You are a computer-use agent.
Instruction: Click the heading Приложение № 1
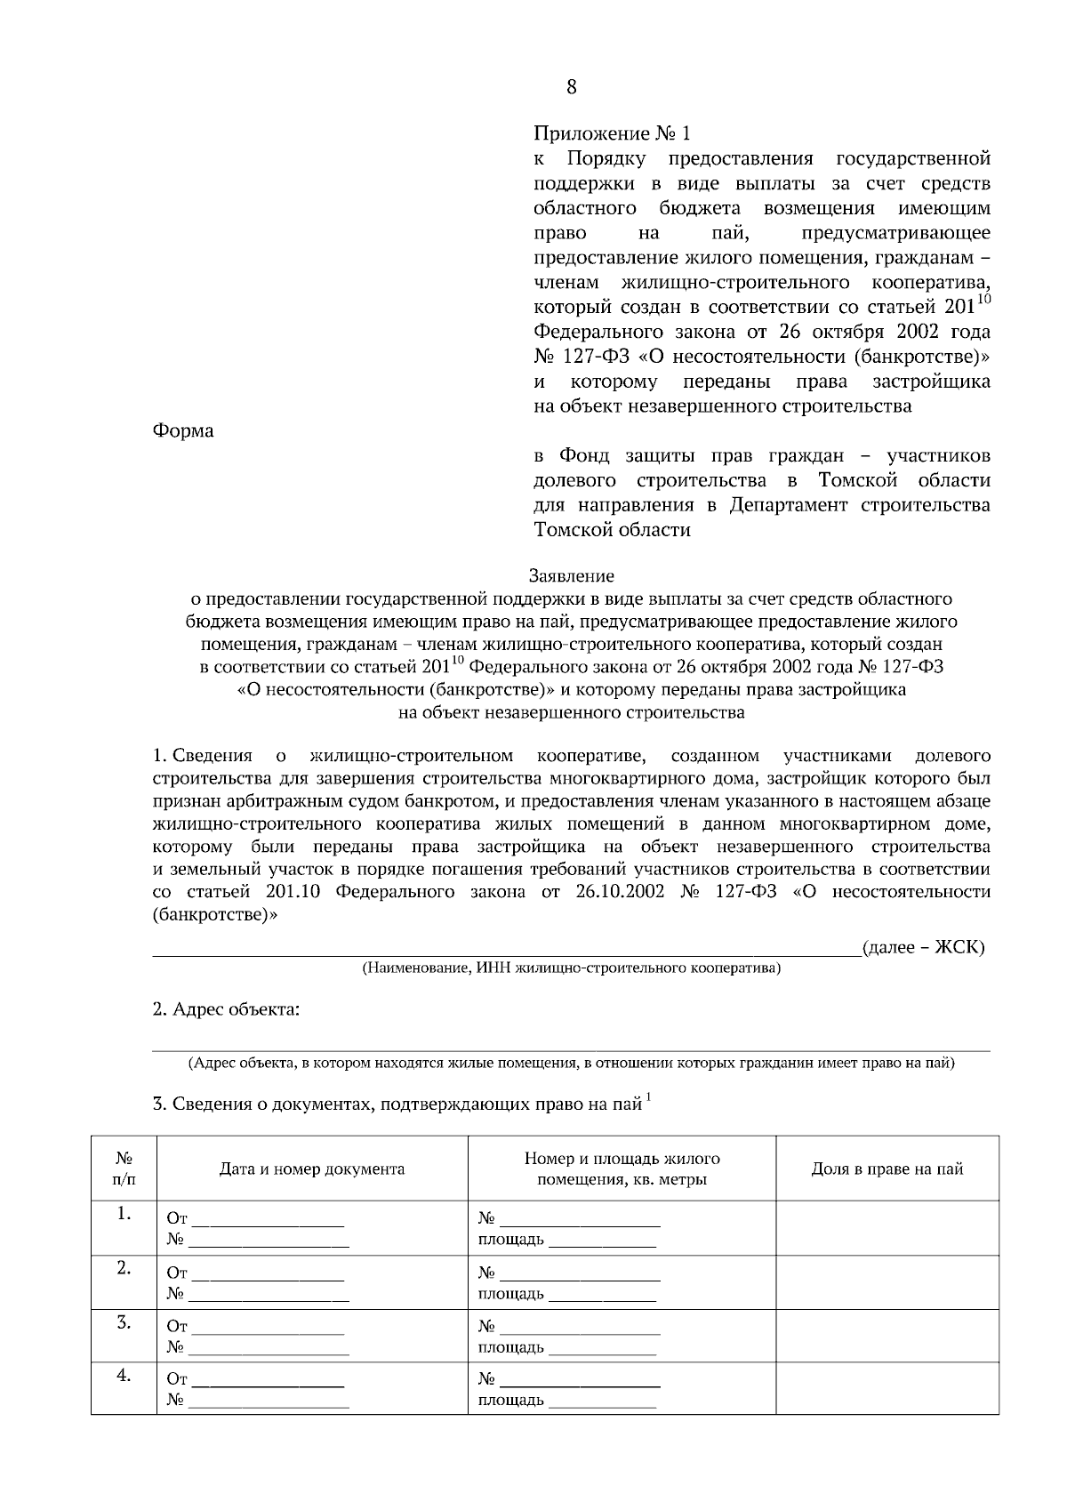pos(612,134)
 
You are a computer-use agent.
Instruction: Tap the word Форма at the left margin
pos(183,431)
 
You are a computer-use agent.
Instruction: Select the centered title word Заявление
pos(572,576)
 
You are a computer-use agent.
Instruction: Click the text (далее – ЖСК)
pos(923,947)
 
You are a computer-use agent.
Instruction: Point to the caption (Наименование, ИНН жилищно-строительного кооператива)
pos(570,968)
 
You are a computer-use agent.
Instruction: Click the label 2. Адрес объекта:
pos(226,1009)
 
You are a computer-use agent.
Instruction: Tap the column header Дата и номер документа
pos(312,1169)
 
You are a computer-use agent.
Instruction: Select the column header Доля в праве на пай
pos(886,1169)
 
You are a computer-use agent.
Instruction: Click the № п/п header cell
pos(124,1169)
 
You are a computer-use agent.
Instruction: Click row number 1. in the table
pos(124,1215)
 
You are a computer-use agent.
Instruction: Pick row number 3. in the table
pos(124,1323)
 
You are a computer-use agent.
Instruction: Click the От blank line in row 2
pos(268,1277)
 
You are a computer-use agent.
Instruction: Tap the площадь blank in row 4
pos(602,1403)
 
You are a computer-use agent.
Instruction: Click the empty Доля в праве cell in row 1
pos(886,1228)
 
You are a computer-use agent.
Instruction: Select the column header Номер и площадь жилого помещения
pos(622,1169)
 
